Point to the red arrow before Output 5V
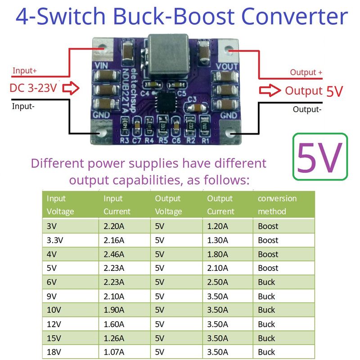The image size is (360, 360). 270,90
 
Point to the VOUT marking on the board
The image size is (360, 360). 227,66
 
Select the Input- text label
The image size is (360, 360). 25,106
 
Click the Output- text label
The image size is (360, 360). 307,109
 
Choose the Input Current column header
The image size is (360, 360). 117,205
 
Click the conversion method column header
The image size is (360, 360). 277,205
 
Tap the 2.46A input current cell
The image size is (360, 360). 114,254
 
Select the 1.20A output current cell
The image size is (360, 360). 218,226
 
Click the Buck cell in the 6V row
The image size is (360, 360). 266,282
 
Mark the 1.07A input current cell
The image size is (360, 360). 114,352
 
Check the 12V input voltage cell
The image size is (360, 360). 54,324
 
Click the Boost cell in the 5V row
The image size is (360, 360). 268,268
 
